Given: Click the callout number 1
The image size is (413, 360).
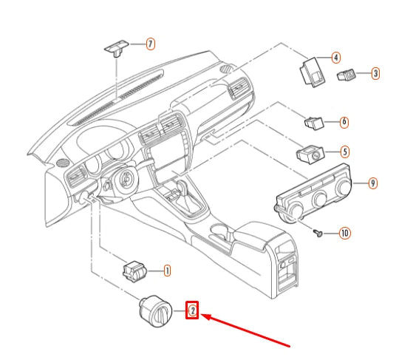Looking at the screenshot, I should (167, 271).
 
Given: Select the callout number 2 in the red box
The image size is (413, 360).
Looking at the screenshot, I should (192, 311).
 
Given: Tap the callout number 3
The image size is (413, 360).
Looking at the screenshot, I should (375, 73).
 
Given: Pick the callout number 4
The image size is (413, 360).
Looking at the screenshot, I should (335, 57).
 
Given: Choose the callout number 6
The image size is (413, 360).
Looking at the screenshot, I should (344, 120).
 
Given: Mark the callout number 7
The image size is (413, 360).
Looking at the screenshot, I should (150, 44).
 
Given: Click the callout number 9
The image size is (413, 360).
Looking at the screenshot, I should (373, 182).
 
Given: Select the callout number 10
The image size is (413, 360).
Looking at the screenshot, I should (344, 233).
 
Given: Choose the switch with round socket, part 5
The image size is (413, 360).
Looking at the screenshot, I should (309, 154).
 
